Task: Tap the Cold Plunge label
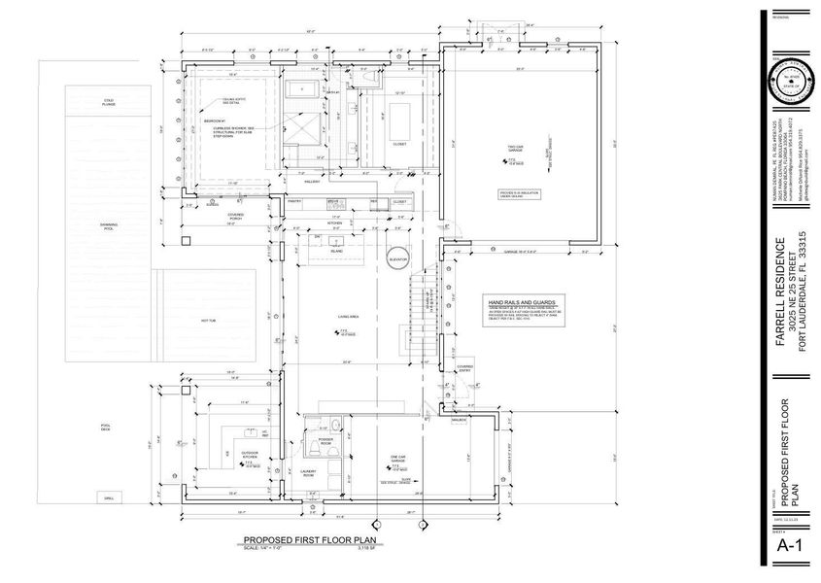109,102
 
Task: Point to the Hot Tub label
207,320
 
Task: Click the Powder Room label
325,439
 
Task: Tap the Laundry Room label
308,475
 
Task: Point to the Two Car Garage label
515,149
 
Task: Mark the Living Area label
350,317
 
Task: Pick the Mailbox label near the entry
457,419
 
